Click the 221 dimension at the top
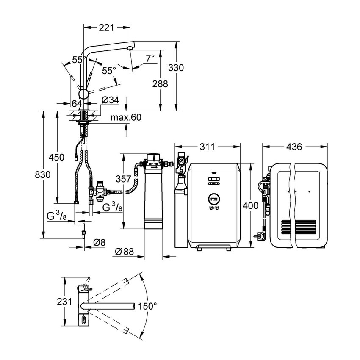107,28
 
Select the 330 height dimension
176,68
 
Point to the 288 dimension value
160,84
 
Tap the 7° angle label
151,58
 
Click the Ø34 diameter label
110,100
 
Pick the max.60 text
126,117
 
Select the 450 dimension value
56,157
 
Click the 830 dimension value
43,175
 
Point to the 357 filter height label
123,179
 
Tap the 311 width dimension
207,147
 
